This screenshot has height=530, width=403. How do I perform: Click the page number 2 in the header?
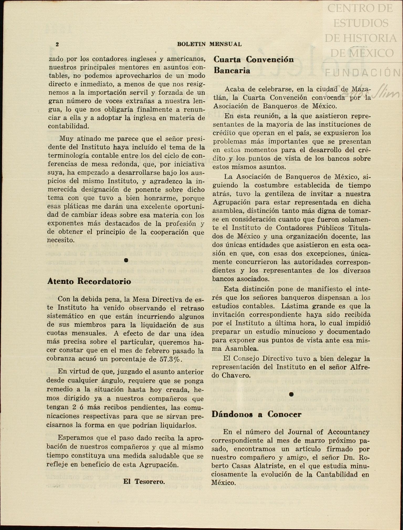[x=57, y=44]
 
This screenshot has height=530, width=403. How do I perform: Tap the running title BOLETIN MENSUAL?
[x=209, y=44]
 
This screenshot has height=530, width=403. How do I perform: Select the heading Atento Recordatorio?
[x=89, y=281]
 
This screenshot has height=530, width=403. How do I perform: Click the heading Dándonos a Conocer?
[x=257, y=414]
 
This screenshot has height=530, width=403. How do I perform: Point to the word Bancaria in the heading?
[x=232, y=70]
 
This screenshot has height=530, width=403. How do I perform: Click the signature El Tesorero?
[x=144, y=481]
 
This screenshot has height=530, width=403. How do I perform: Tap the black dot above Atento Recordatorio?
[x=126, y=260]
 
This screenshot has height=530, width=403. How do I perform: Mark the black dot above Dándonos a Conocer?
[x=291, y=394]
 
